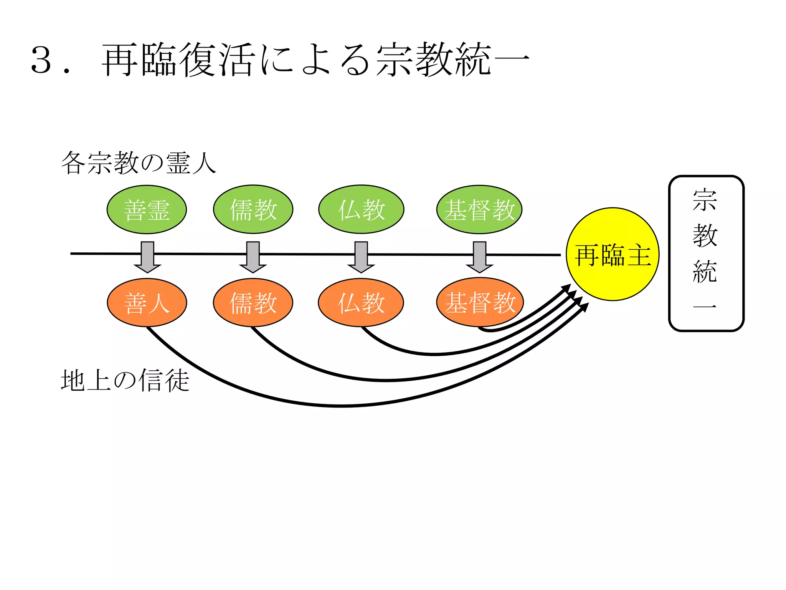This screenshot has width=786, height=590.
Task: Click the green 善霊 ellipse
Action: pyautogui.click(x=147, y=210)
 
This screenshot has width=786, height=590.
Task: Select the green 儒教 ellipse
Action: pyautogui.click(x=253, y=210)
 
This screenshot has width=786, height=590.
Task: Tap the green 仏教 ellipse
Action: pyautogui.click(x=361, y=210)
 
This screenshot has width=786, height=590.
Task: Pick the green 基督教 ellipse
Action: pyautogui.click(x=479, y=210)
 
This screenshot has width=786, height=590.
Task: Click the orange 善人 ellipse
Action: pyautogui.click(x=147, y=303)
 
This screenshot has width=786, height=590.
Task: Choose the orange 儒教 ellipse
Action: pyautogui.click(x=253, y=303)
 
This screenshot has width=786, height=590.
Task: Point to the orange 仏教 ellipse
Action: pyautogui.click(x=361, y=303)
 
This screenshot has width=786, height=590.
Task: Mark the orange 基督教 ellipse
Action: pyautogui.click(x=480, y=302)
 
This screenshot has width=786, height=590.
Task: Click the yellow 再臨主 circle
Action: pyautogui.click(x=613, y=254)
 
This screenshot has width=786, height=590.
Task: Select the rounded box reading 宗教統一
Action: pyautogui.click(x=706, y=253)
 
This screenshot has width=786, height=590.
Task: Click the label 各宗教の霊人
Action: pyautogui.click(x=139, y=163)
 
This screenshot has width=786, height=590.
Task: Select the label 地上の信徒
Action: pyautogui.click(x=125, y=380)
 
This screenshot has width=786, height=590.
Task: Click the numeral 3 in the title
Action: pyautogui.click(x=41, y=60)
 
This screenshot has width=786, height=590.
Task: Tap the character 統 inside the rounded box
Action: pyautogui.click(x=705, y=271)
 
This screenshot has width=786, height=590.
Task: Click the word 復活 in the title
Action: pyautogui.click(x=217, y=60)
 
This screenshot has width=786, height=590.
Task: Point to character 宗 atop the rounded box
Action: pyautogui.click(x=705, y=200)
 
